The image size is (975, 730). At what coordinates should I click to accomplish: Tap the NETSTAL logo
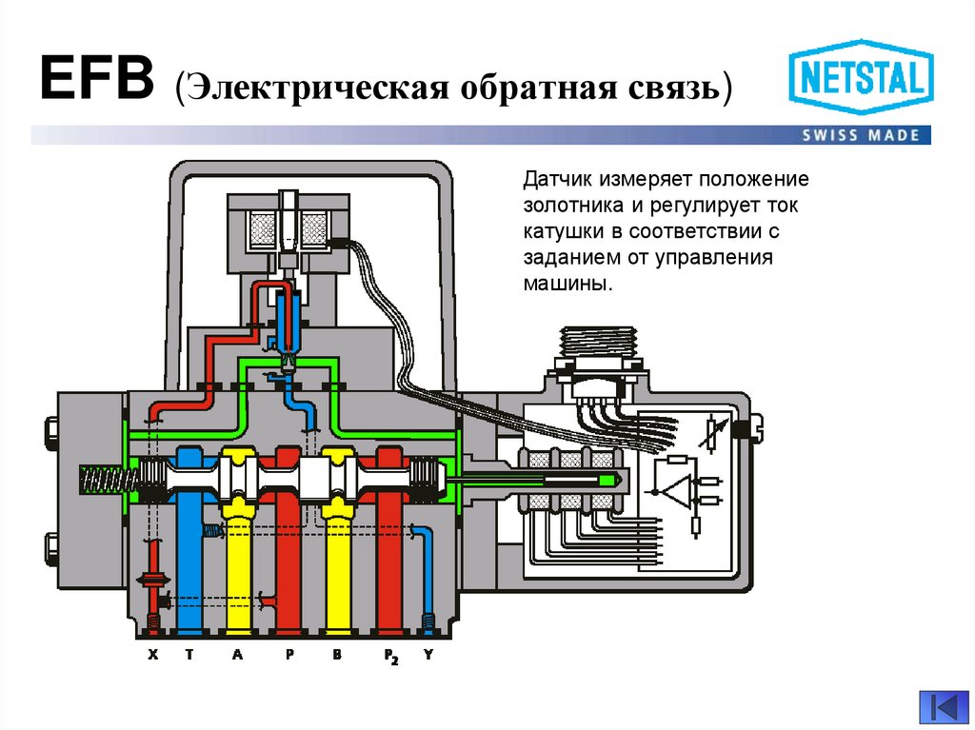point(862,78)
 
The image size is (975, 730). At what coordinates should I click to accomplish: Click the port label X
point(152,656)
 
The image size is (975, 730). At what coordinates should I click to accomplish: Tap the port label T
point(189,656)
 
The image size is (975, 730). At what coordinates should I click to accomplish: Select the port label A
point(236,656)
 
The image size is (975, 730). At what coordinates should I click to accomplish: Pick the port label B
point(336,656)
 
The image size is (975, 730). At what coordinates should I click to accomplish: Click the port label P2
point(388,658)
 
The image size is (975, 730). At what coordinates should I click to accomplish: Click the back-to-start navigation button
point(943,707)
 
